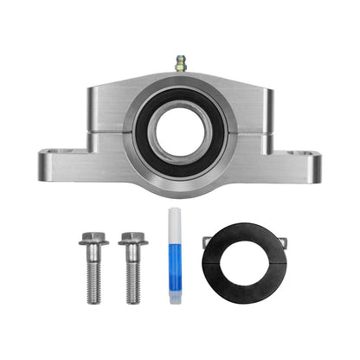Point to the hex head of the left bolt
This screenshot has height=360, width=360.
tap(91, 238)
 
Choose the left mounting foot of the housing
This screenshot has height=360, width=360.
tap(65, 163)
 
